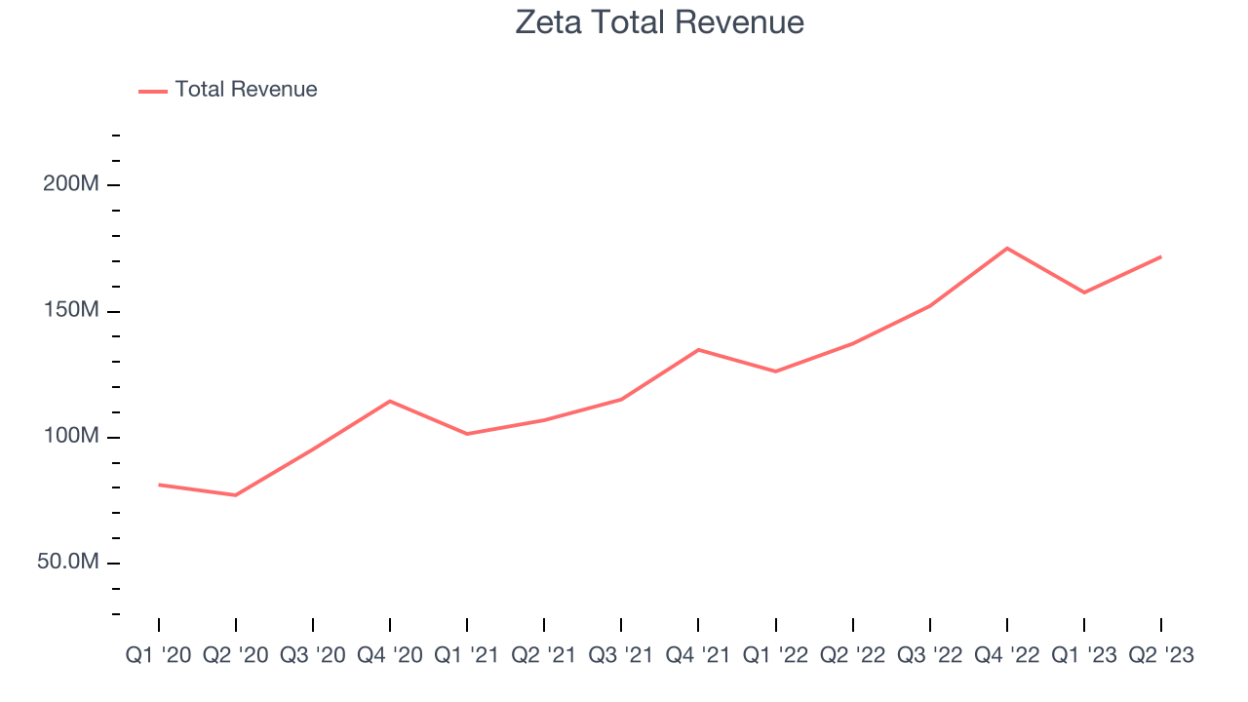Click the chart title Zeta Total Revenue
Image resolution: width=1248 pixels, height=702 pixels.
coord(660,22)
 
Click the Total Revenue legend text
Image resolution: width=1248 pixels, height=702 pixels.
coord(246,90)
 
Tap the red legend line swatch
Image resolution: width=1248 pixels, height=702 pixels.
coord(153,91)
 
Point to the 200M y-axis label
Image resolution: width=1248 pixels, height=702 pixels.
coord(71,184)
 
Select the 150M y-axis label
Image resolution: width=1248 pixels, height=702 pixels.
coord(71,310)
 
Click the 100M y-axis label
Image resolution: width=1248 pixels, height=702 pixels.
coord(71,436)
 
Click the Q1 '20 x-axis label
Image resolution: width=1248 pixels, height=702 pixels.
coord(159,655)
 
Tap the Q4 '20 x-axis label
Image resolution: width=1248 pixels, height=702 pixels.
coord(390,655)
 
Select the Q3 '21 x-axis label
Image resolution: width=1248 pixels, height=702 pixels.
coord(621,655)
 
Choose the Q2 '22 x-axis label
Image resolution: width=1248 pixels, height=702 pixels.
coord(853,655)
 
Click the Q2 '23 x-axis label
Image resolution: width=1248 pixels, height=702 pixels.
coord(1161,655)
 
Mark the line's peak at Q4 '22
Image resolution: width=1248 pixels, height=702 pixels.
coord(1007,248)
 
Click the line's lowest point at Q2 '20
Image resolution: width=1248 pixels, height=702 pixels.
coord(236,495)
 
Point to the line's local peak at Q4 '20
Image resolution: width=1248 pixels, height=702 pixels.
coord(390,401)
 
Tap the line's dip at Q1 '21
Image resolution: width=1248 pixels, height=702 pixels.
coord(467,434)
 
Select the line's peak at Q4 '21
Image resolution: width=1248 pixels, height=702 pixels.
coord(699,349)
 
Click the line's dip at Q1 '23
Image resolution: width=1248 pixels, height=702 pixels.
coord(1084,292)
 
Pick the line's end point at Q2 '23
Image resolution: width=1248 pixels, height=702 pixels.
coord(1161,256)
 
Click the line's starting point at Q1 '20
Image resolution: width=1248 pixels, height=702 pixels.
coord(159,485)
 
